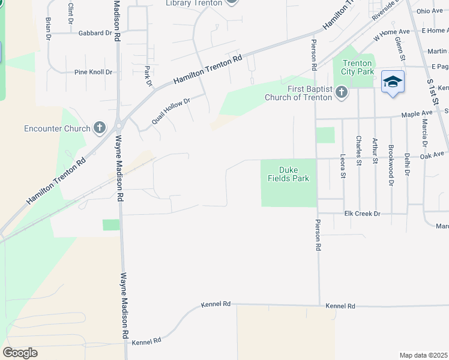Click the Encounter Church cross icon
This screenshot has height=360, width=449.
pyautogui.click(x=100, y=128)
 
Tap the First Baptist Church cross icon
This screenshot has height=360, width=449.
pyautogui.click(x=341, y=92)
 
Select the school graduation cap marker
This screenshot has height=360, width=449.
pyautogui.click(x=393, y=81)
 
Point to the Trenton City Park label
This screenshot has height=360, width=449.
pyautogui.click(x=358, y=67)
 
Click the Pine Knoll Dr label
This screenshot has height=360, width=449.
pyautogui.click(x=93, y=72)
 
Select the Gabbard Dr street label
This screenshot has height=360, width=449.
pyautogui.click(x=95, y=33)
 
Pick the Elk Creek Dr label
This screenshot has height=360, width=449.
pyautogui.click(x=363, y=214)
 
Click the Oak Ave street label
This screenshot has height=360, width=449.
pyautogui.click(x=432, y=155)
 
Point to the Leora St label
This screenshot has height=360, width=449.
pyautogui.click(x=343, y=166)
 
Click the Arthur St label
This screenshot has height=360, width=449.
pyautogui.click(x=375, y=151)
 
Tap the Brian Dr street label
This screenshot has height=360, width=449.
pyautogui.click(x=48, y=28)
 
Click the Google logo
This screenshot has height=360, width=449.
pyautogui.click(x=20, y=353)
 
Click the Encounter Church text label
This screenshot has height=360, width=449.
pyautogui.click(x=57, y=128)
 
